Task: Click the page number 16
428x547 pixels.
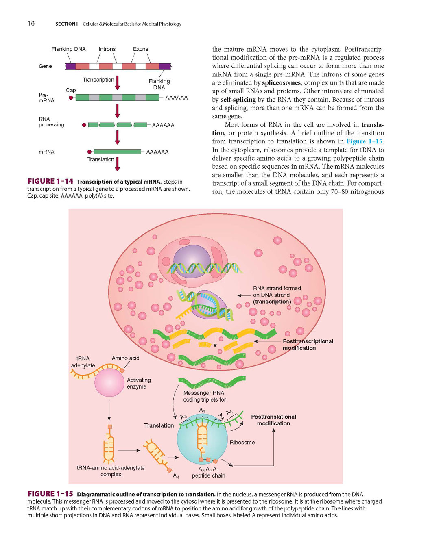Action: [x=31, y=24]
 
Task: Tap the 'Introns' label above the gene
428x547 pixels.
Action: [x=107, y=49]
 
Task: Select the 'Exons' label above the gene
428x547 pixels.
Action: [x=141, y=49]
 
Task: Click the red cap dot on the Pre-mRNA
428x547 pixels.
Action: [x=71, y=98]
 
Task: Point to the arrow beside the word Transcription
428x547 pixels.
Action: [x=117, y=82]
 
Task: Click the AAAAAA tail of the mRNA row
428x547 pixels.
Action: [x=157, y=152]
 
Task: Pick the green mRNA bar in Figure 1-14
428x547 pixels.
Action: [x=118, y=152]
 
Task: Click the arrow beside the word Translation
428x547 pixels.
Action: [x=117, y=164]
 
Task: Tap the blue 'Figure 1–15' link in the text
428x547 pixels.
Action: [x=364, y=141]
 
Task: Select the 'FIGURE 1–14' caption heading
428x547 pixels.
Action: [x=50, y=181]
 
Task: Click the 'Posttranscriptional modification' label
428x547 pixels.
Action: [x=308, y=345]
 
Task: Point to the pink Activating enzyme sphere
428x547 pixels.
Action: [x=110, y=382]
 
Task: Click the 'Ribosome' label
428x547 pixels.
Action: [x=242, y=442]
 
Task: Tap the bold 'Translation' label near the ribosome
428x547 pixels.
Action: [x=159, y=425]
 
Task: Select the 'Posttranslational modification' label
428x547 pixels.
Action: [x=273, y=420]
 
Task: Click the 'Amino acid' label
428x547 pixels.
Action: [x=125, y=358]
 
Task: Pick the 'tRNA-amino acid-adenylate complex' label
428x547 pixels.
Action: [x=111, y=471]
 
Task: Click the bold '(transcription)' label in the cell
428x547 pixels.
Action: [x=272, y=302]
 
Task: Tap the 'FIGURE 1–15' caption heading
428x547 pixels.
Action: [x=50, y=494]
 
